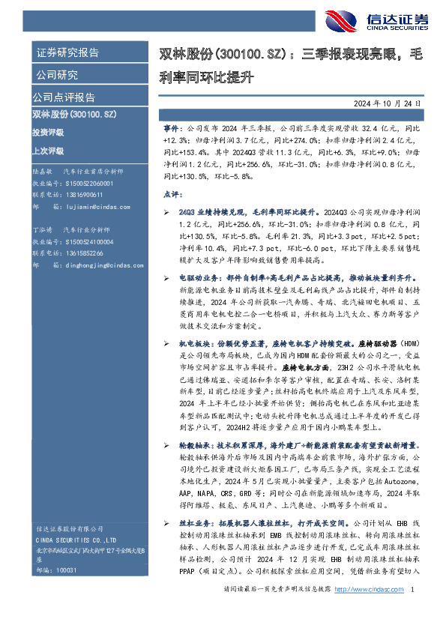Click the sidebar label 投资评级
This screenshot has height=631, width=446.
point(48,132)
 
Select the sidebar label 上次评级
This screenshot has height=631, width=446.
point(48,151)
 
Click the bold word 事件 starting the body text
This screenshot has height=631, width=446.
point(171,129)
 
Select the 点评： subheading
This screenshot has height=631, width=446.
point(172,193)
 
